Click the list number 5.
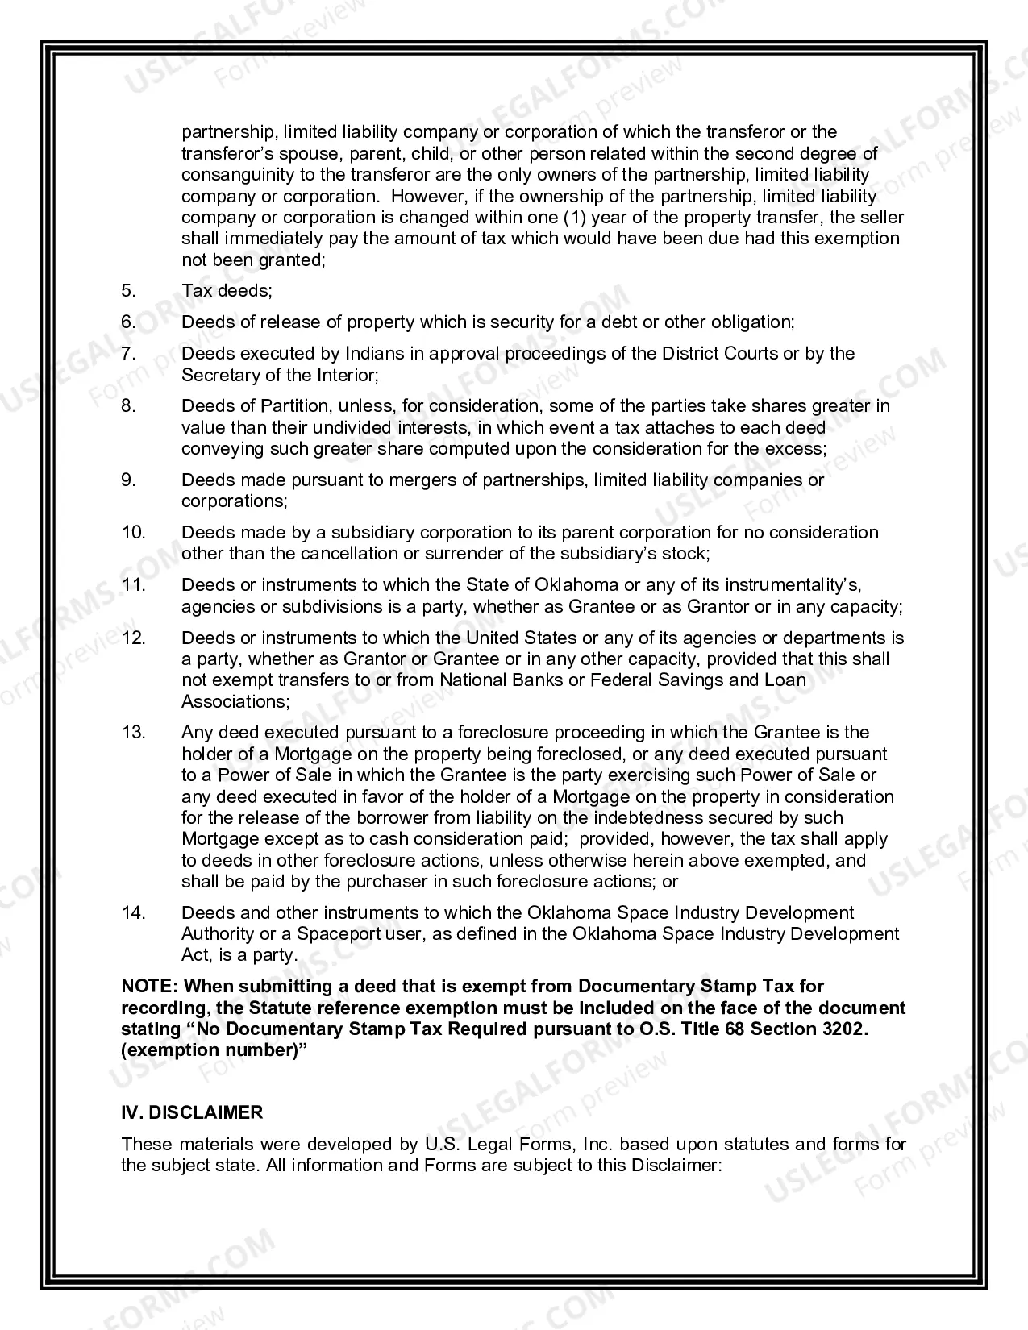pyautogui.click(x=128, y=291)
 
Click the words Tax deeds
pyautogui.click(x=227, y=291)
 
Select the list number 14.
pyautogui.click(x=133, y=912)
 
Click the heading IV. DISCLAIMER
pyautogui.click(x=192, y=1112)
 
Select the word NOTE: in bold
pyautogui.click(x=150, y=987)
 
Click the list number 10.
pyautogui.click(x=133, y=532)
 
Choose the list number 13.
pyautogui.click(x=133, y=733)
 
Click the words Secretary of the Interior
pyautogui.click(x=278, y=375)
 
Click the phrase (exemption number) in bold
pyautogui.click(x=214, y=1050)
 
